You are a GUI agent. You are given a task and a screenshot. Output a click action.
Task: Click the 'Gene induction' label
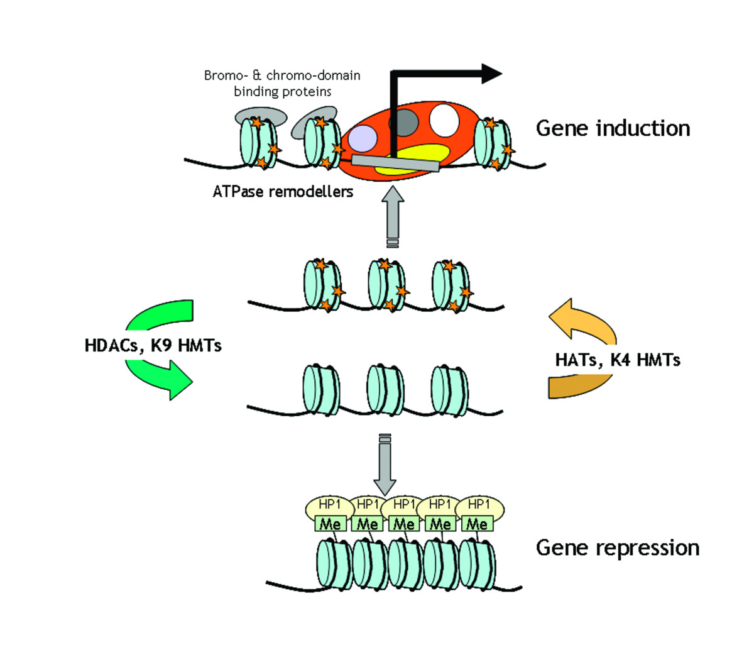pyautogui.click(x=613, y=128)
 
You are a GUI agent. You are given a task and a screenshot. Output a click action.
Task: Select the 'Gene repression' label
pyautogui.click(x=617, y=548)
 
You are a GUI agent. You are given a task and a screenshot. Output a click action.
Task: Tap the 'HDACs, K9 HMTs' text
pyautogui.click(x=153, y=345)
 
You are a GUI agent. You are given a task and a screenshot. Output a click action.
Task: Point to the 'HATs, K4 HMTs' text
pyautogui.click(x=618, y=360)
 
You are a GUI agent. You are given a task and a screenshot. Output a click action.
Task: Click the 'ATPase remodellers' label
pyautogui.click(x=283, y=192)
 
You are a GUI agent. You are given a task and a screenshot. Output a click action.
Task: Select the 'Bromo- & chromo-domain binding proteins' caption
pyautogui.click(x=282, y=84)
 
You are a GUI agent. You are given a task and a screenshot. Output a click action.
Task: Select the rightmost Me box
pyautogui.click(x=476, y=524)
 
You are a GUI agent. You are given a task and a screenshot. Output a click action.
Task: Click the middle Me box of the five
pyautogui.click(x=403, y=524)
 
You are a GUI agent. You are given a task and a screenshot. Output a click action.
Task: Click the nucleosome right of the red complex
pyautogui.click(x=494, y=145)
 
